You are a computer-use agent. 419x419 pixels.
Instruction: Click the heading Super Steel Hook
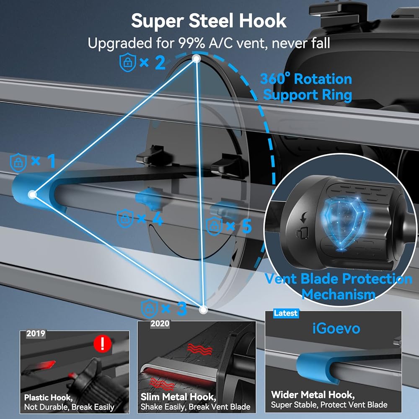coord(209,21)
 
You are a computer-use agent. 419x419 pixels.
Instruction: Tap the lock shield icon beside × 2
coord(127,63)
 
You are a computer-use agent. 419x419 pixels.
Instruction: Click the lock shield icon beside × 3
coord(150,309)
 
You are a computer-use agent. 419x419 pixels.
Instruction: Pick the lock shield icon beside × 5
coord(215,226)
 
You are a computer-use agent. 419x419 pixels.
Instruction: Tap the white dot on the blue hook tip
coord(32,194)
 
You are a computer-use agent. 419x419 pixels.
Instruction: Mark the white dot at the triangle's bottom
coord(203,310)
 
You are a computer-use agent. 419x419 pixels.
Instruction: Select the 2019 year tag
coord(36,334)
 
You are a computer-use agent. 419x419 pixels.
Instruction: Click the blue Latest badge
coord(286,313)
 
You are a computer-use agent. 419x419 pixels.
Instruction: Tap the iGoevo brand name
coord(336,328)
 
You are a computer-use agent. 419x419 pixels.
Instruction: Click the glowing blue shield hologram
coord(340,224)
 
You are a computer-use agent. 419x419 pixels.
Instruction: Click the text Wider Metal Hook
coord(312,394)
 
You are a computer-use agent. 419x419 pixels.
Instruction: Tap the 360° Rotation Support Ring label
coord(306,87)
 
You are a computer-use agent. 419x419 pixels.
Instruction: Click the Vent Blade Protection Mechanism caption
coord(339,286)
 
